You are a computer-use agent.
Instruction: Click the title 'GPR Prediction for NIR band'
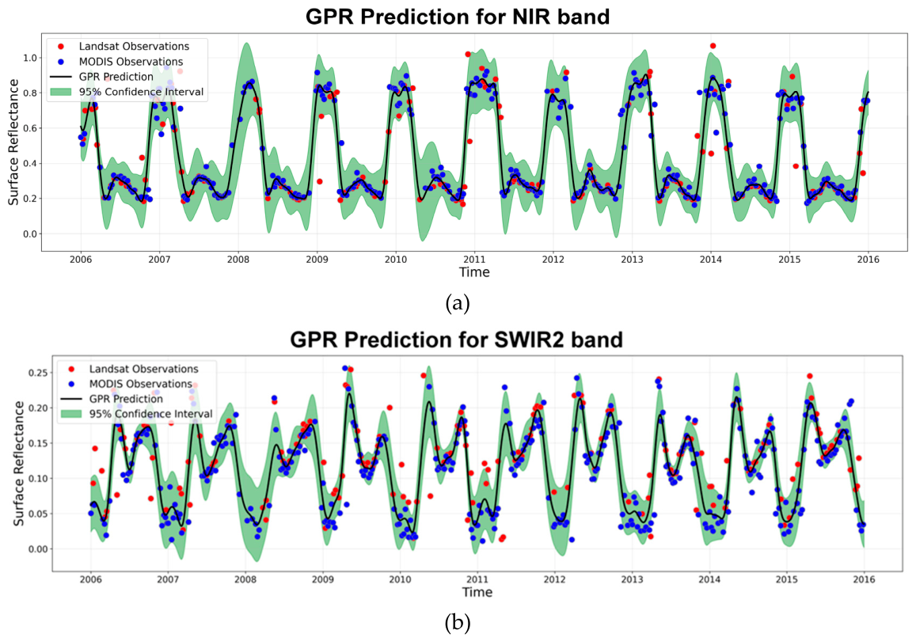[458, 16]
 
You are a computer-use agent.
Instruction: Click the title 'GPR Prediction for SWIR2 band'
[456, 339]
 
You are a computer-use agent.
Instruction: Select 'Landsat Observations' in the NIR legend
[135, 46]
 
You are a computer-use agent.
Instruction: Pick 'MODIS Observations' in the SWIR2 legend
[141, 384]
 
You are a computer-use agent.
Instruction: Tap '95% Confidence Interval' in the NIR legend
[142, 92]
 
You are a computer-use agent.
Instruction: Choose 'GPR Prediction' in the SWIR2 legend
[126, 399]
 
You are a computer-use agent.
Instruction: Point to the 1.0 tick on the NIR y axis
[30, 58]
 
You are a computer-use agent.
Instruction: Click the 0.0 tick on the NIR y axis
[30, 234]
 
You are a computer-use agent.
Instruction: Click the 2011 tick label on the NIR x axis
[474, 260]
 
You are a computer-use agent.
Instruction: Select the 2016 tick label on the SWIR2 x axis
[864, 579]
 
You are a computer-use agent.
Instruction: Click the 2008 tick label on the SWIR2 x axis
[245, 579]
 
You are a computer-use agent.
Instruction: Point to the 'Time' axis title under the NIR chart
[474, 272]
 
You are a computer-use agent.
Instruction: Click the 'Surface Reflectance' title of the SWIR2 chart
[19, 464]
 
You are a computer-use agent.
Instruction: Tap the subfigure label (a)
[458, 304]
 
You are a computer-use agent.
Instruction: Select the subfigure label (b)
[458, 624]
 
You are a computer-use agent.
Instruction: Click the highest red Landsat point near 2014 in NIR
[713, 46]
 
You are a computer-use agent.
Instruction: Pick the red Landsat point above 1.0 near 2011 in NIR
[468, 55]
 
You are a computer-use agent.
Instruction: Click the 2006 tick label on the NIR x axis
[81, 260]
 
